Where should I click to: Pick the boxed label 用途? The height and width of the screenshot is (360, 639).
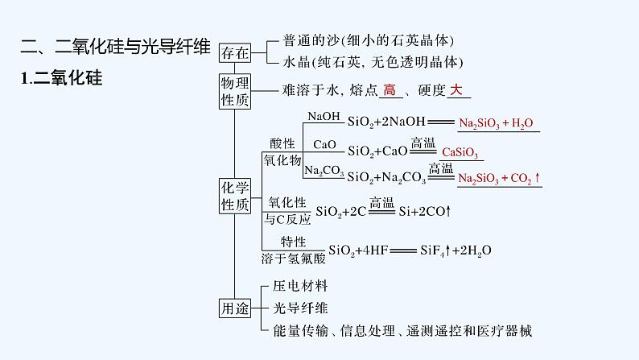pyautogui.click(x=234, y=308)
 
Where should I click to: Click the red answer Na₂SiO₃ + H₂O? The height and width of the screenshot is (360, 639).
pyautogui.click(x=496, y=124)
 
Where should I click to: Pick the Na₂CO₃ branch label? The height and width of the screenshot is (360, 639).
pyautogui.click(x=324, y=171)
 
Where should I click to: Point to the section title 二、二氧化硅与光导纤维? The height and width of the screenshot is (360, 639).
pyautogui.click(x=110, y=49)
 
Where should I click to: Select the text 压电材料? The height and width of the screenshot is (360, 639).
pyautogui.click(x=300, y=286)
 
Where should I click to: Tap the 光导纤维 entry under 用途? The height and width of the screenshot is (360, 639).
pyautogui.click(x=300, y=308)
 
